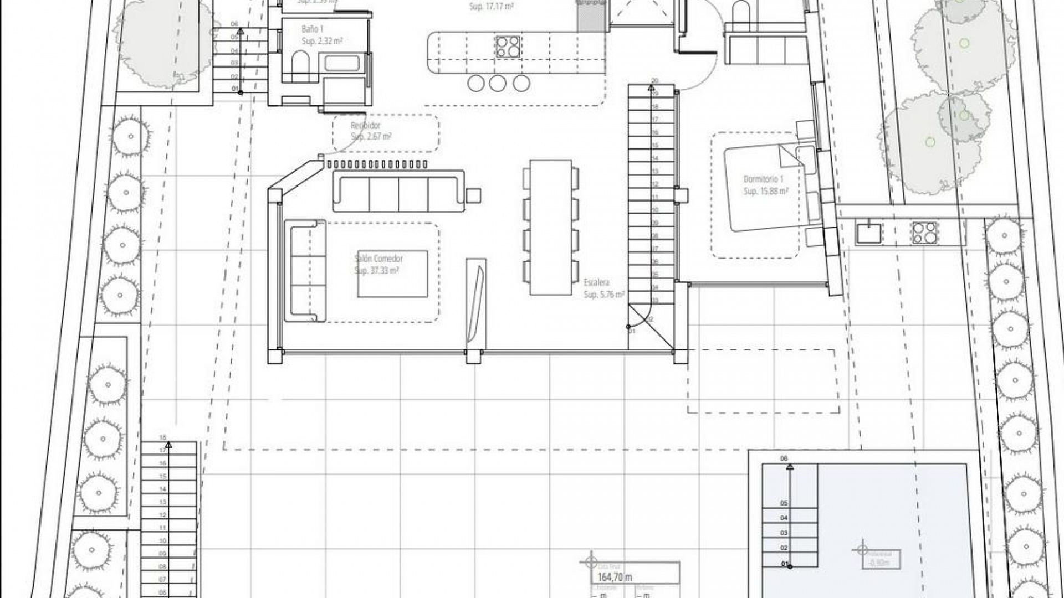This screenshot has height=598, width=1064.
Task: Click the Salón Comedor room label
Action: click(x=378, y=259)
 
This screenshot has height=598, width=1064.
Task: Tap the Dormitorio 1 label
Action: click(x=763, y=179)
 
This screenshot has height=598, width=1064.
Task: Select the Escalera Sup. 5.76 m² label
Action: click(x=603, y=288)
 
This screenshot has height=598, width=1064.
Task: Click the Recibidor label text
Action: click(x=366, y=126)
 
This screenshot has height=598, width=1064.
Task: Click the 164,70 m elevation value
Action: click(x=615, y=577)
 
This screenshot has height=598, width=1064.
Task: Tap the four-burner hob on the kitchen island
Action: click(x=508, y=47)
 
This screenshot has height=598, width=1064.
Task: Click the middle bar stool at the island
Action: click(x=498, y=83)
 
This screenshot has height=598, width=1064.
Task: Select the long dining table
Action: click(x=550, y=227)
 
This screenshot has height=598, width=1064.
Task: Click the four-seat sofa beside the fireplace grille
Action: click(x=398, y=191)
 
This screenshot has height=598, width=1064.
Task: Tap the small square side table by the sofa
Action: click(x=473, y=195)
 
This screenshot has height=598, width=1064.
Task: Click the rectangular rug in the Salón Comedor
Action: click(x=392, y=274)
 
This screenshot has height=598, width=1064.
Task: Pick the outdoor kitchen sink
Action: click(x=868, y=233)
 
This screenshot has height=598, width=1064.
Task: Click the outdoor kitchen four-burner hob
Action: click(x=924, y=233)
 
